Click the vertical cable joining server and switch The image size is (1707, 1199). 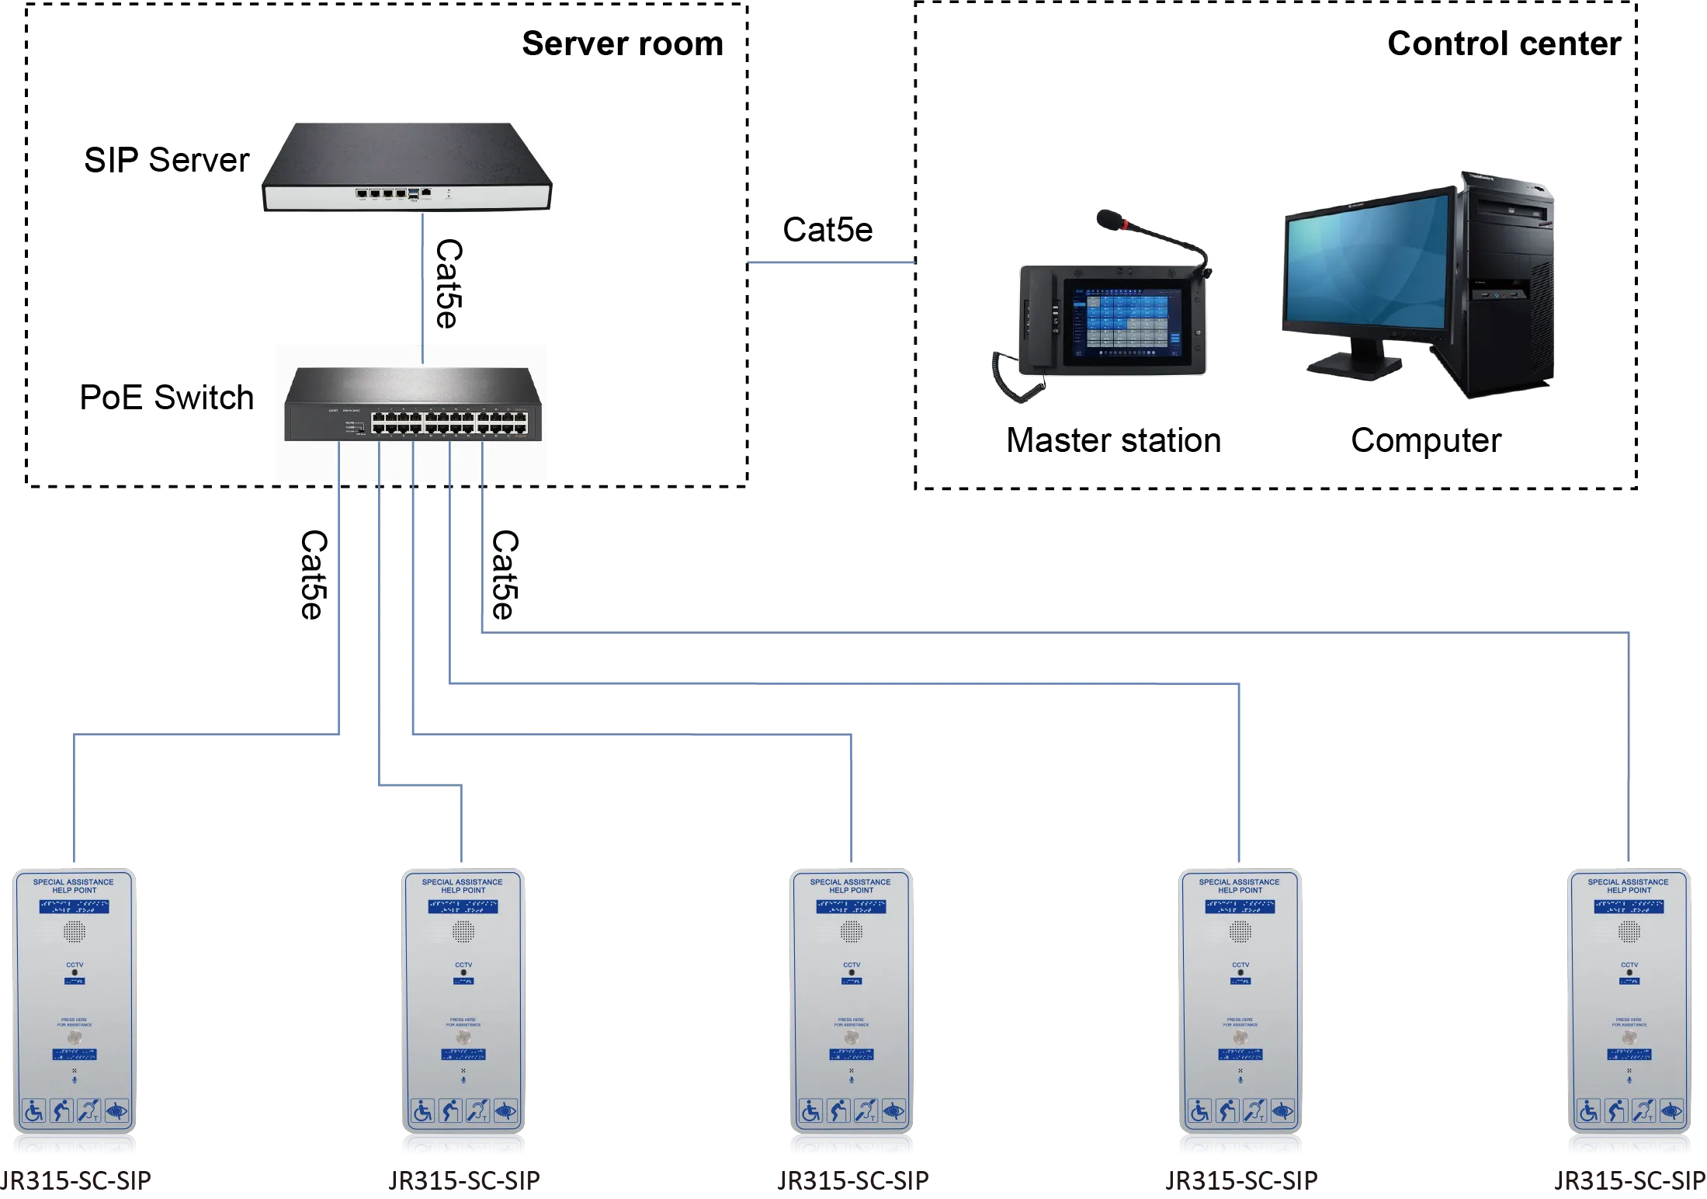(422, 287)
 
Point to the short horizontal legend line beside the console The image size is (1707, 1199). (831, 264)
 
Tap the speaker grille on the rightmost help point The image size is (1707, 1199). (1629, 930)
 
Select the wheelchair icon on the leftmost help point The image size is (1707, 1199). (34, 1111)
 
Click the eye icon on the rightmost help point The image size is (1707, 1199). (1671, 1111)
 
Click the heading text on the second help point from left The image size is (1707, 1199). (463, 886)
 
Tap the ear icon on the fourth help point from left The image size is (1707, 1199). (1254, 1111)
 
